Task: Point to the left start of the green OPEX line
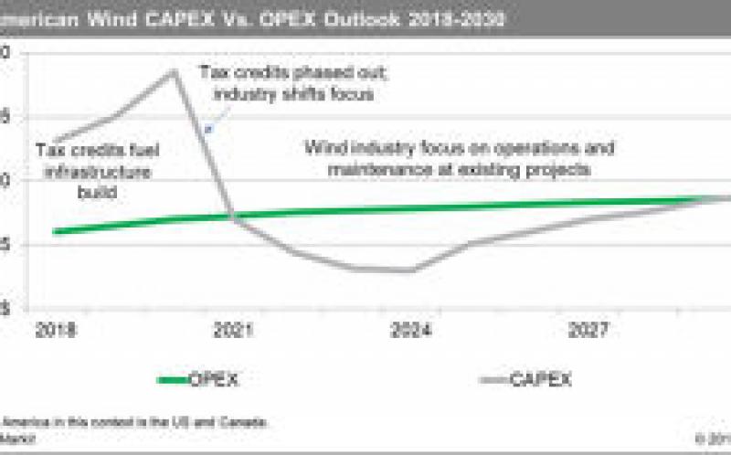click(55, 231)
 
